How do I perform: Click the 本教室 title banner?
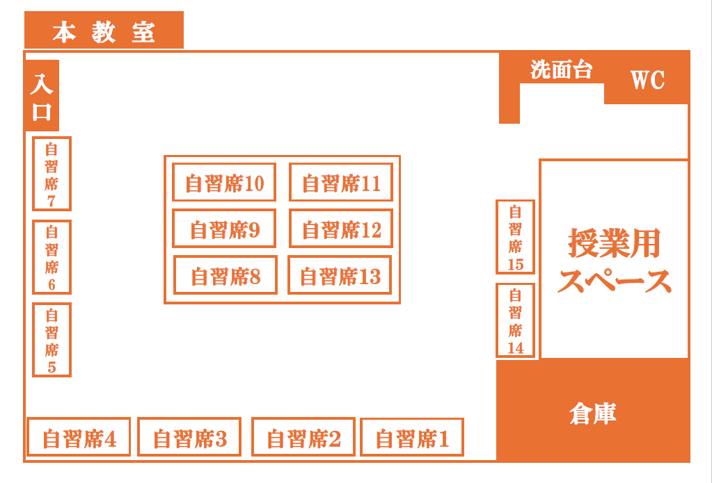(x=104, y=30)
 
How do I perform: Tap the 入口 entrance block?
(x=42, y=95)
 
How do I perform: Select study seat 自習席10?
(x=224, y=182)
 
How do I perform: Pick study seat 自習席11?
(x=341, y=182)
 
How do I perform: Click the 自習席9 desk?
(x=224, y=229)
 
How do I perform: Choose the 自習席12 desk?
(x=341, y=229)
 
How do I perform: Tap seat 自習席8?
(x=226, y=275)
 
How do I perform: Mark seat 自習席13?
(x=340, y=275)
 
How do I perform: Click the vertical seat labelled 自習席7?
(x=52, y=174)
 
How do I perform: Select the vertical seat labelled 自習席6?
(x=52, y=257)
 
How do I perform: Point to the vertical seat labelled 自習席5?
(x=52, y=340)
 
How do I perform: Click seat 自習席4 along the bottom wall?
(x=79, y=437)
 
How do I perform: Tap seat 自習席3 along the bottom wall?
(x=189, y=437)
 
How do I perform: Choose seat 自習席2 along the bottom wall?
(x=303, y=437)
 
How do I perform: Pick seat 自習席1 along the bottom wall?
(x=412, y=437)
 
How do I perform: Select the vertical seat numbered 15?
(x=516, y=237)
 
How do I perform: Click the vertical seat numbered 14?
(x=516, y=320)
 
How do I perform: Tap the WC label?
(x=647, y=81)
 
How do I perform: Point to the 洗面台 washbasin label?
(x=562, y=69)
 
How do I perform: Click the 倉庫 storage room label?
(x=593, y=414)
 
